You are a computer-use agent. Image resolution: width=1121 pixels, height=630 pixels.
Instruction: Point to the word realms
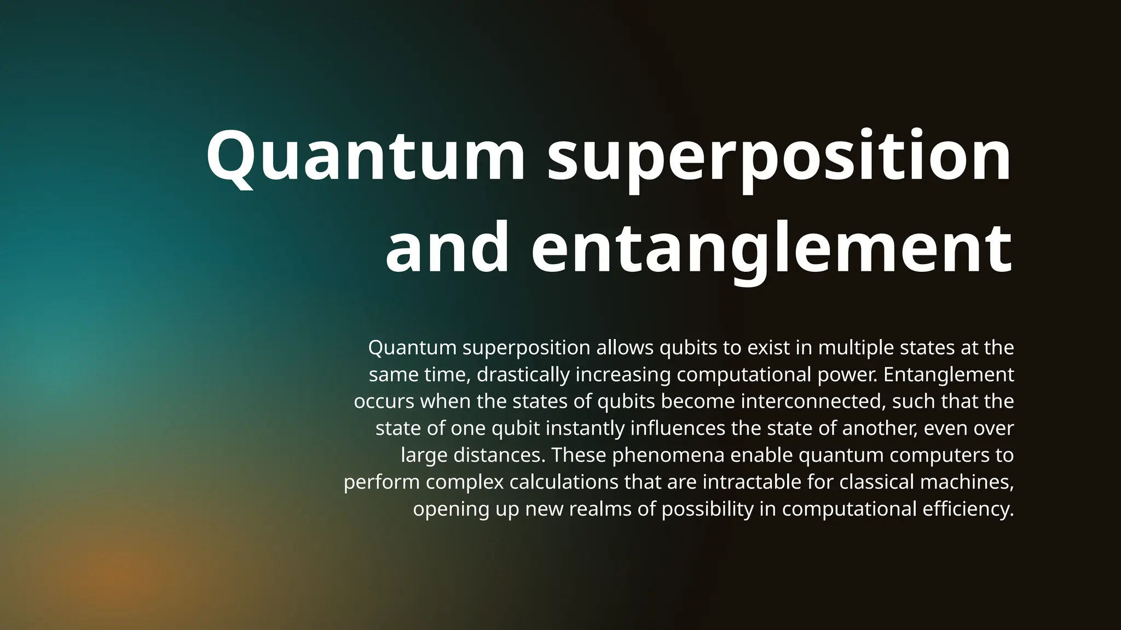tap(599, 509)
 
